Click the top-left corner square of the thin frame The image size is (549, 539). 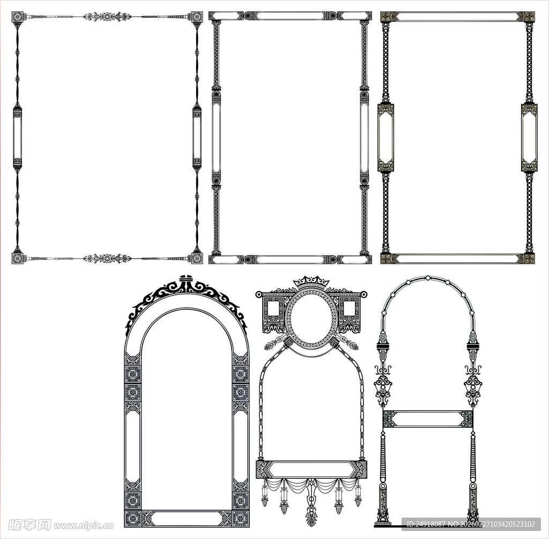click(x=18, y=17)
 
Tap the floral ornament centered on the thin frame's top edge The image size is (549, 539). click(x=107, y=17)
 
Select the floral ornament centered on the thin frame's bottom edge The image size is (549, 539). click(x=107, y=259)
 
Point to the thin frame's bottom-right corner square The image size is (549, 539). click(x=197, y=258)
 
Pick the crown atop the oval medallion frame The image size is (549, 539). click(x=311, y=282)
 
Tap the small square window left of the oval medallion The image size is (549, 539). click(x=273, y=308)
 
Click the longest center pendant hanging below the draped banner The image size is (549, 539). click(x=311, y=503)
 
